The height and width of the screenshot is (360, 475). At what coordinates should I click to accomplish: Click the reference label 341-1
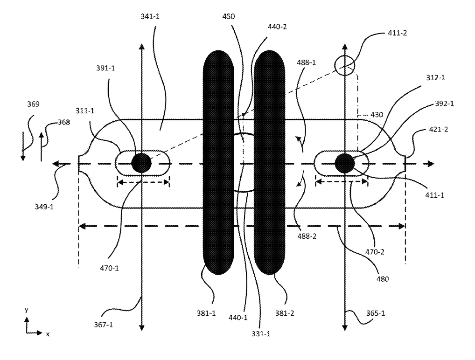[x=150, y=16]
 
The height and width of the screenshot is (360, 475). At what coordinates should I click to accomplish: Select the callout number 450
[x=229, y=16]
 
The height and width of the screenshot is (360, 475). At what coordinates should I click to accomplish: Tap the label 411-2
[x=398, y=33]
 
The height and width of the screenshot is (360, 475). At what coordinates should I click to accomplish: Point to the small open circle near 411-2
[x=345, y=66]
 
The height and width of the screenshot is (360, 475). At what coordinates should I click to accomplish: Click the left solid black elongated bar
[x=218, y=163]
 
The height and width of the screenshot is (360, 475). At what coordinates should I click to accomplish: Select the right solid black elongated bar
[x=269, y=163]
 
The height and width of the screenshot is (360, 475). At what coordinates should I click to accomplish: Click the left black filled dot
[x=141, y=163]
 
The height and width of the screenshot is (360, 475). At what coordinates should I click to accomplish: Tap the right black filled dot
[x=345, y=163]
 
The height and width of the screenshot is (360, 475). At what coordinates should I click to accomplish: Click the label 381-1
[x=206, y=313]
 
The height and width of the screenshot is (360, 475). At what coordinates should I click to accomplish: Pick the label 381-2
[x=285, y=313]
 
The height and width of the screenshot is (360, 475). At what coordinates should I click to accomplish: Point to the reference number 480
[x=382, y=279]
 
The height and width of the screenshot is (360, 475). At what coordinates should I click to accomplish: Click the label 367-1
[x=103, y=325]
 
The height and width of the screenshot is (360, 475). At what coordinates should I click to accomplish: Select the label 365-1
[x=376, y=313]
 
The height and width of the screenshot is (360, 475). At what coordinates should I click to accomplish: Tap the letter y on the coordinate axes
[x=27, y=310]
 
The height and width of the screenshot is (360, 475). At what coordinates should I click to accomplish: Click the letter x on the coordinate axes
[x=48, y=334]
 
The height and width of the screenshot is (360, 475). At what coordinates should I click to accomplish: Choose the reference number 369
[x=33, y=104]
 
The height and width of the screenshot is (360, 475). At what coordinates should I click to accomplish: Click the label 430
[x=377, y=115]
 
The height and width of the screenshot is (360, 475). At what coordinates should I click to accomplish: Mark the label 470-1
[x=109, y=268]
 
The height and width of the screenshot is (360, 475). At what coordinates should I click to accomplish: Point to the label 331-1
[x=261, y=334]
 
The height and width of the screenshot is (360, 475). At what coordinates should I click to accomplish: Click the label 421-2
[x=439, y=130]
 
